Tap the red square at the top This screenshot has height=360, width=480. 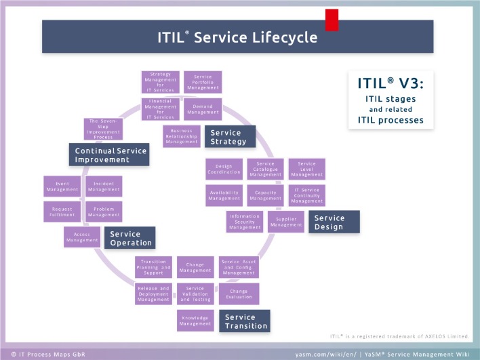point(332,20)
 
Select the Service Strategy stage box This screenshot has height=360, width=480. point(231,136)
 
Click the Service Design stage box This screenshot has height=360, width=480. point(334,222)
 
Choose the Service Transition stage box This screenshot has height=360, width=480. point(243,321)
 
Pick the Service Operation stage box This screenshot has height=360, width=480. point(129,239)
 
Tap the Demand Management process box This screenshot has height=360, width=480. point(202,109)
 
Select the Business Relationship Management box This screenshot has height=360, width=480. point(181,136)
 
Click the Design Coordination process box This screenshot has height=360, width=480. point(224,169)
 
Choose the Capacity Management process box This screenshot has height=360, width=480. point(264,195)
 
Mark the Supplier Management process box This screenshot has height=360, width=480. point(285,222)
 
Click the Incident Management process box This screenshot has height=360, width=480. point(104,186)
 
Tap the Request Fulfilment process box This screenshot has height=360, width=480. point(62,212)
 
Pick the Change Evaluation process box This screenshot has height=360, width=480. point(239,294)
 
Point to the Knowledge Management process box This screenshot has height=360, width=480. point(195,320)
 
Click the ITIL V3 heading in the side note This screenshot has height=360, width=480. point(391,84)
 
